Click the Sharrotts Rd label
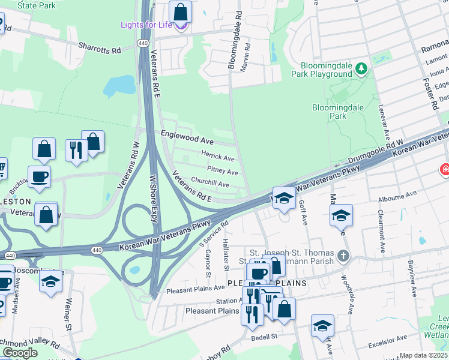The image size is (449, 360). pyautogui.click(x=100, y=47)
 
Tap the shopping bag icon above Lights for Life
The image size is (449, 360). pyautogui.click(x=179, y=11)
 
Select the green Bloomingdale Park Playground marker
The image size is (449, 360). pyautogui.click(x=361, y=68)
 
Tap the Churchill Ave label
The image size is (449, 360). pyautogui.click(x=210, y=184)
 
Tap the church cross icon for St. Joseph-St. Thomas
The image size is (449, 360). pyautogui.click(x=343, y=256)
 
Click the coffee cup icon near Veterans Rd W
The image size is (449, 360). pyautogui.click(x=40, y=177)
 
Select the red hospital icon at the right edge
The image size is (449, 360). pyautogui.click(x=445, y=170)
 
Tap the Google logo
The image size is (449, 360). pyautogui.click(x=20, y=353)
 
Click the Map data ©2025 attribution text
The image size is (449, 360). pyautogui.click(x=423, y=355)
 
